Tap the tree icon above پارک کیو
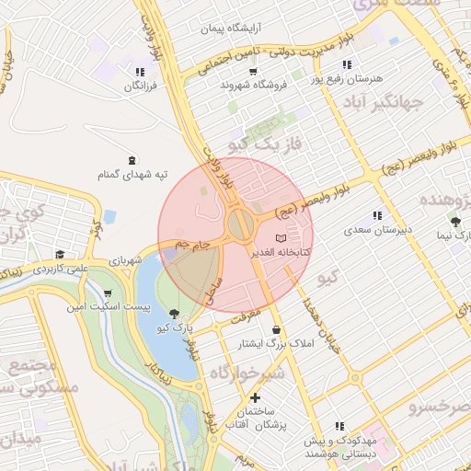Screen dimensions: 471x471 [174, 313]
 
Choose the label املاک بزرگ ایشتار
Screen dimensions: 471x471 [276, 343]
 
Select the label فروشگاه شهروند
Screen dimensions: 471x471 [255, 84]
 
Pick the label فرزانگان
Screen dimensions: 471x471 [141, 85]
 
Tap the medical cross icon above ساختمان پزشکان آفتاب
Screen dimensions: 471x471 [255, 397]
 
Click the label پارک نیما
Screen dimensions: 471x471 [457, 235]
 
